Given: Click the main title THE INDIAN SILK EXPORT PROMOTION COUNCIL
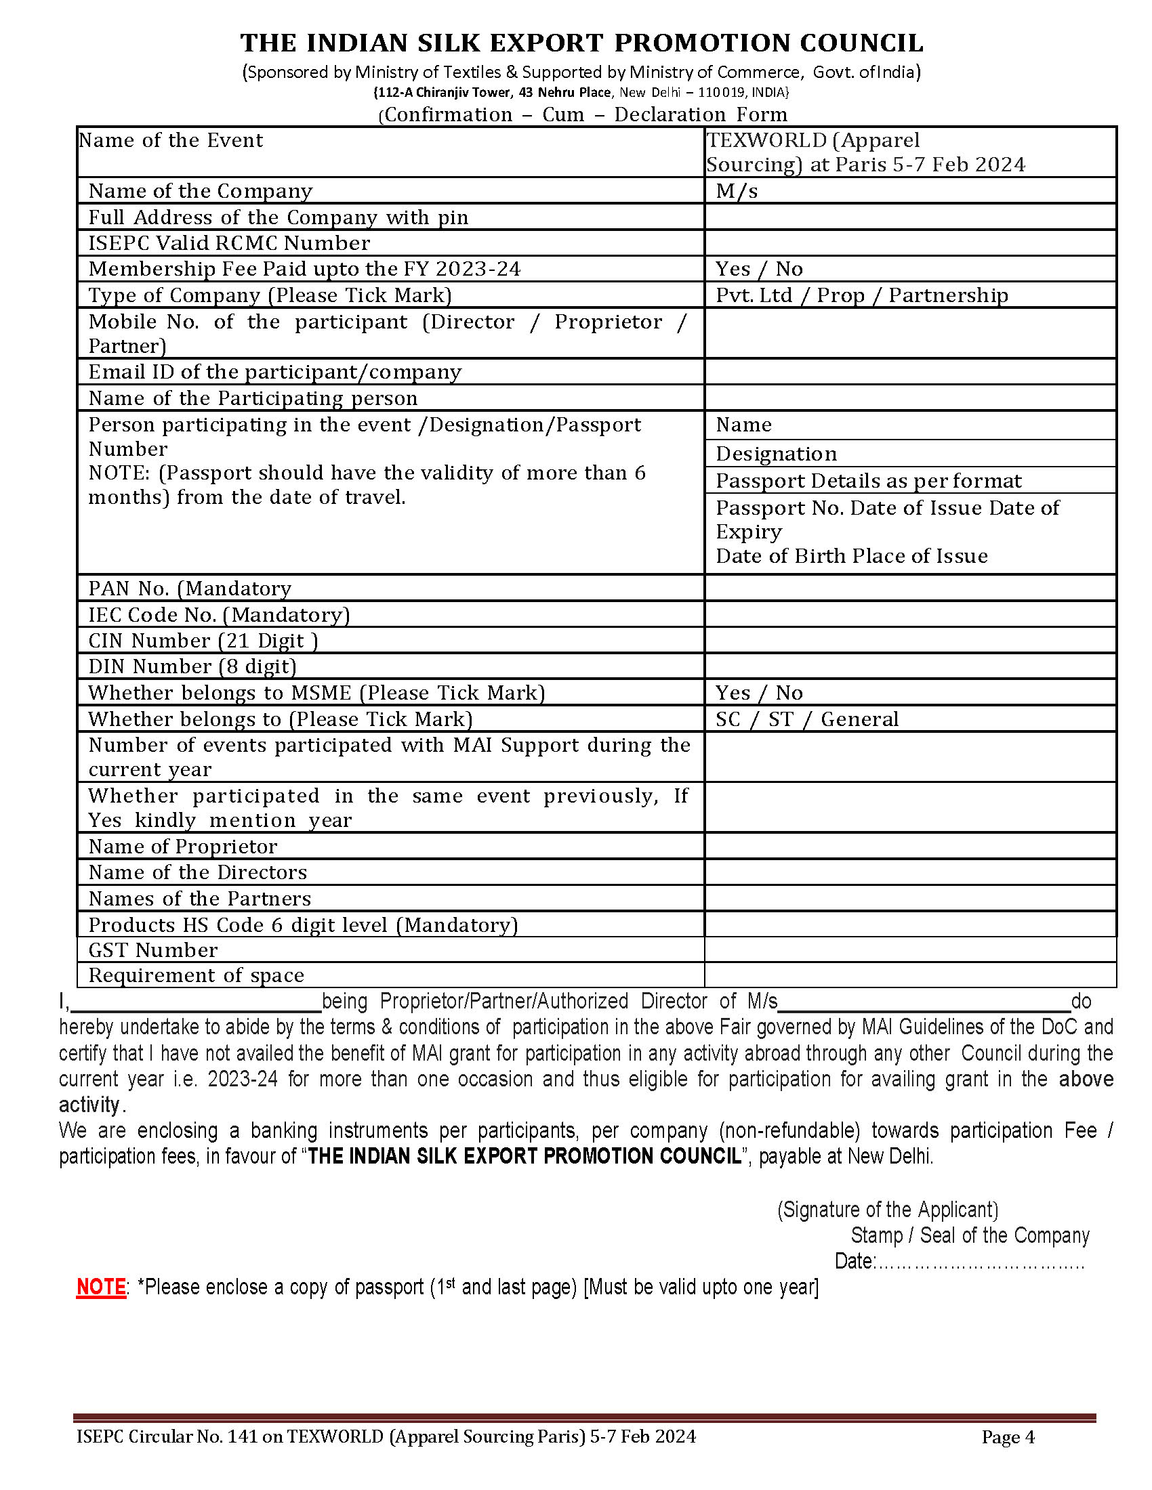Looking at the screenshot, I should click(x=581, y=43).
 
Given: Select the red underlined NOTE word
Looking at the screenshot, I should click(x=100, y=1287).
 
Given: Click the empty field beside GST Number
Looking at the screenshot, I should click(x=909, y=950).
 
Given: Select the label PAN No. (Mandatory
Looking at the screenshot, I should click(x=190, y=588).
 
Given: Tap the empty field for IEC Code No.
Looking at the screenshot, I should click(x=909, y=615).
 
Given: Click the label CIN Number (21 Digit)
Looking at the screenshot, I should click(x=203, y=641).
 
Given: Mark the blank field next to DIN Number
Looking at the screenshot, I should click(x=909, y=666).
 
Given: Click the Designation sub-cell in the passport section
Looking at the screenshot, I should click(x=776, y=454).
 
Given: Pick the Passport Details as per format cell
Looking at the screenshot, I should click(x=868, y=481).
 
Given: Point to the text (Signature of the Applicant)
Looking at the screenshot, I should click(x=887, y=1210).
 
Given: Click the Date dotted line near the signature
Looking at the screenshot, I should click(x=979, y=1262).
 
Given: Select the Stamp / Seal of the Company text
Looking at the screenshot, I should click(x=970, y=1235).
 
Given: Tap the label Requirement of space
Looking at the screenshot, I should click(x=196, y=975).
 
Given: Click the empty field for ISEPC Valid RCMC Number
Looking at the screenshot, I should click(x=909, y=243).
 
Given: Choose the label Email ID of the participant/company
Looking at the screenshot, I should click(x=274, y=372).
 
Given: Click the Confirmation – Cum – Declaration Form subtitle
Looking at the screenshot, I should click(x=585, y=114).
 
